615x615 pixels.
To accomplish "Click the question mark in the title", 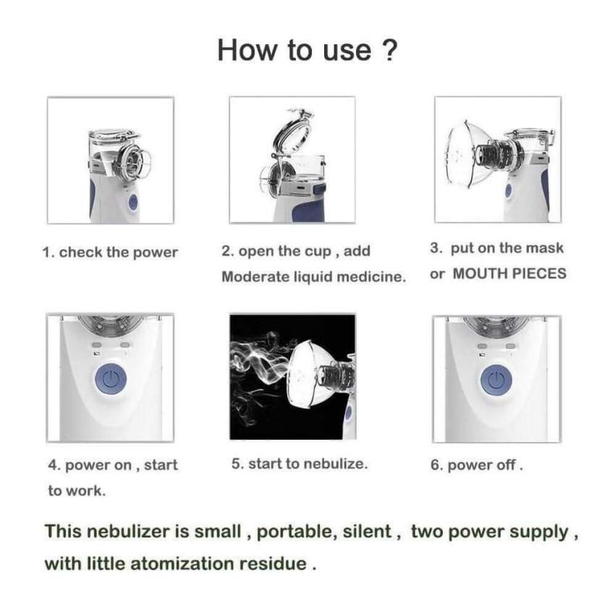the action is pyautogui.click(x=389, y=50).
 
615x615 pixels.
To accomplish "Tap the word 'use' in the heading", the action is pyautogui.click(x=347, y=51).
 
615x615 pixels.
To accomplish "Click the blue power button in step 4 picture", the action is pyautogui.click(x=111, y=380).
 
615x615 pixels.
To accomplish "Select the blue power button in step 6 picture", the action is pyautogui.click(x=496, y=380).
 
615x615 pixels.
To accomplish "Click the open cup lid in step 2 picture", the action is pyautogui.click(x=292, y=134).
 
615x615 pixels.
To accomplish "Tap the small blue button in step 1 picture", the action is pyautogui.click(x=132, y=202).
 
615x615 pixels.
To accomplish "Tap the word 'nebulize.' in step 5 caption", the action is pyautogui.click(x=336, y=464).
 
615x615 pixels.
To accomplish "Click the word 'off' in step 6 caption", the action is pyautogui.click(x=506, y=465).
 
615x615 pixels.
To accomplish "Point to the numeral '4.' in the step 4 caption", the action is pyautogui.click(x=54, y=465).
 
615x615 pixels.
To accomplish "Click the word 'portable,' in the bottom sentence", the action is pyautogui.click(x=297, y=533).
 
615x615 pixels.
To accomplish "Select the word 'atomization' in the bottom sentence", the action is pyautogui.click(x=182, y=564).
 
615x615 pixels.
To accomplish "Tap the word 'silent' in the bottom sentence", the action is pyautogui.click(x=367, y=532).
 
